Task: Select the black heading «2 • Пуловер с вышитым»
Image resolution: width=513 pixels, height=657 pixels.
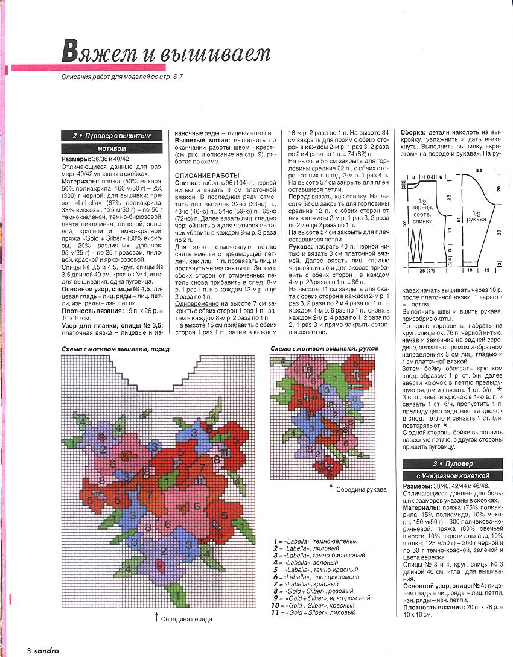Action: pos(111,136)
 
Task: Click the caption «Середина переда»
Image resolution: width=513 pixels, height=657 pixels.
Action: pos(188,618)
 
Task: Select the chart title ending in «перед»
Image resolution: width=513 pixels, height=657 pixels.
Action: pos(115,349)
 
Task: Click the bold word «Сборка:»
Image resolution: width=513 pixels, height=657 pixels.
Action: pos(413,132)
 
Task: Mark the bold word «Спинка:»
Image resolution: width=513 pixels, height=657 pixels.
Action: pos(187,182)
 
